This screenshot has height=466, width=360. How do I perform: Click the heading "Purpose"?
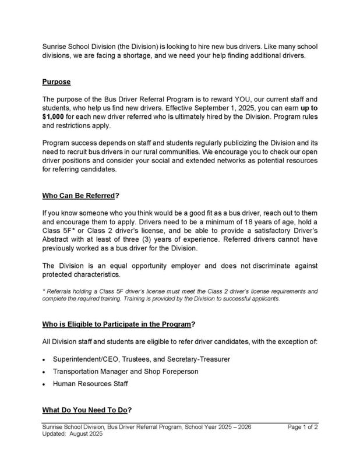tap(57, 82)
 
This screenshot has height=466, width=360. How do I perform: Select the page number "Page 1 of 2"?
tap(302, 428)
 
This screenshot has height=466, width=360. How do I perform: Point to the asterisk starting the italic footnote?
tap(44, 290)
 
